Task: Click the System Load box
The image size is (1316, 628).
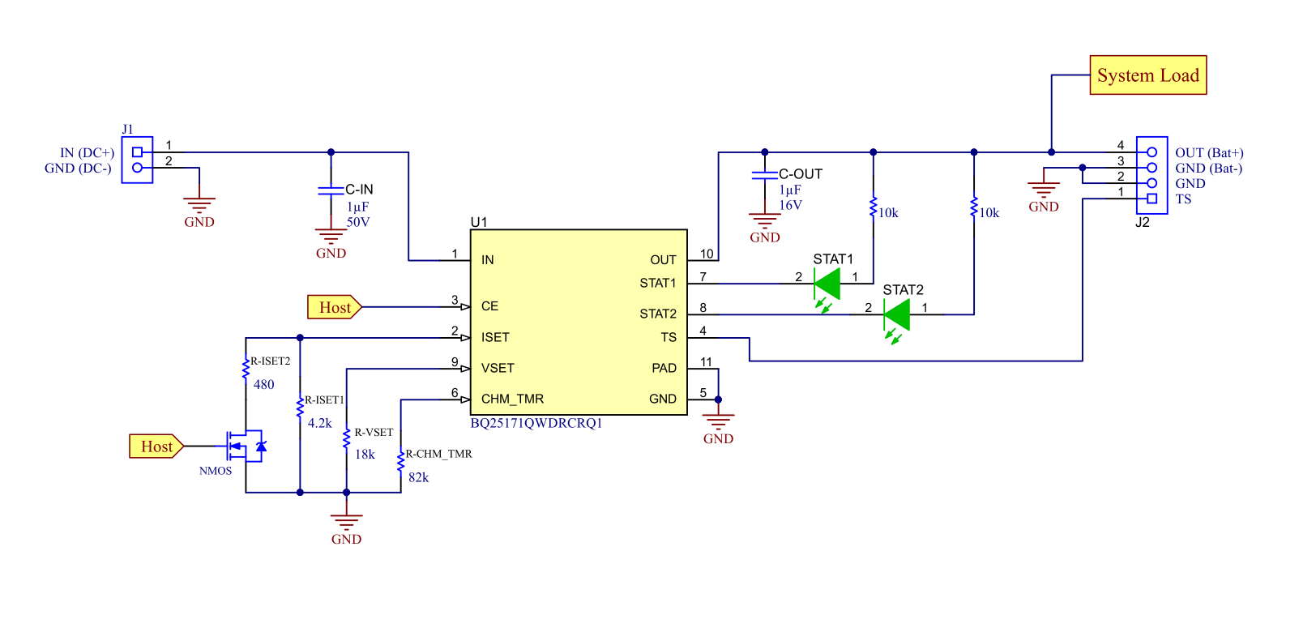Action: [1147, 75]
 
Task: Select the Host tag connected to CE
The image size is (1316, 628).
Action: [334, 307]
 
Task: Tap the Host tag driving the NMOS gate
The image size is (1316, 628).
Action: [156, 446]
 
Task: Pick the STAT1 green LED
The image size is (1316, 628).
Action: [827, 284]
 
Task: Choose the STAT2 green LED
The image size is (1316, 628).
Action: [897, 314]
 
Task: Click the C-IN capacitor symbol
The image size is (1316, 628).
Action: [331, 190]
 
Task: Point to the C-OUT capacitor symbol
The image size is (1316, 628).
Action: [764, 175]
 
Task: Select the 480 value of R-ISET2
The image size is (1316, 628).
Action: [264, 385]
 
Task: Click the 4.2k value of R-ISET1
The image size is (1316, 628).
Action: [319, 423]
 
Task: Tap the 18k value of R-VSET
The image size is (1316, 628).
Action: [365, 455]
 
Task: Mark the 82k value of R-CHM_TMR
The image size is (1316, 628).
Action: [418, 478]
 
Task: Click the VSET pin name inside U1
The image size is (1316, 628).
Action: [498, 368]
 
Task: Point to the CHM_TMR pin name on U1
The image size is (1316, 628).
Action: [512, 399]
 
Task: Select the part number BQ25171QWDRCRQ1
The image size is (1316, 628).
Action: [536, 423]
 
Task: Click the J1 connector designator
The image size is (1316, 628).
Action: [127, 129]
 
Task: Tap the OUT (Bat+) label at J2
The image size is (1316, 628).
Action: [1209, 153]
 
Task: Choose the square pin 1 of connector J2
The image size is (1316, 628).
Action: [1151, 199]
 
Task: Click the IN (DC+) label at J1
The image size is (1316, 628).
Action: [87, 153]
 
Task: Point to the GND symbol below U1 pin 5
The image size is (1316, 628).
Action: [718, 425]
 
